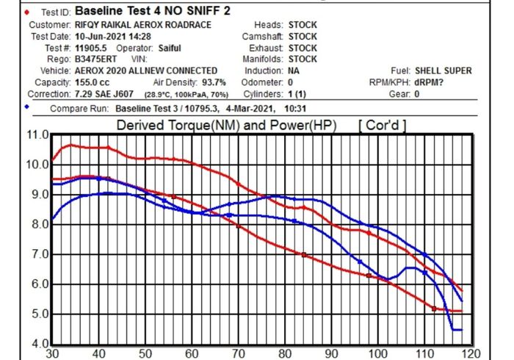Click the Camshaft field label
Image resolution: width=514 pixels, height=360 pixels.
(x=261, y=36)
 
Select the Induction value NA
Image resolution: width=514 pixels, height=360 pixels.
(x=294, y=71)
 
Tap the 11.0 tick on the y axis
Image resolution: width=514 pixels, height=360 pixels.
(x=36, y=134)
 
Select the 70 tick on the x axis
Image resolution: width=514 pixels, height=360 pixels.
(x=239, y=353)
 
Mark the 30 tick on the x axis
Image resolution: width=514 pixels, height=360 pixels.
(x=52, y=353)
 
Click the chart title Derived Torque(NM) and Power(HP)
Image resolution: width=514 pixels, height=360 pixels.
(x=226, y=126)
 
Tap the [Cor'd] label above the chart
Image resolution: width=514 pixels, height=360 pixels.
(x=382, y=126)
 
